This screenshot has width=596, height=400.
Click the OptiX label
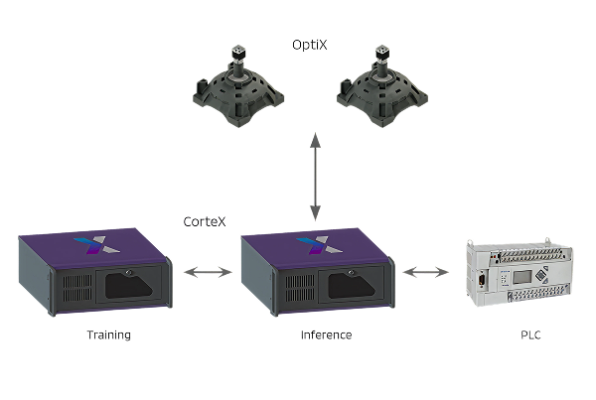[309, 45]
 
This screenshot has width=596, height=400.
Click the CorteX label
[205, 221]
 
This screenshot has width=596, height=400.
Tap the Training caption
[108, 335]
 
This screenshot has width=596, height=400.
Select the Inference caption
[326, 335]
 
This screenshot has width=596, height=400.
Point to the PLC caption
[530, 335]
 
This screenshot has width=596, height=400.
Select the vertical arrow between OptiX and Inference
[315, 177]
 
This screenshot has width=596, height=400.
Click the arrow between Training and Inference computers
[208, 272]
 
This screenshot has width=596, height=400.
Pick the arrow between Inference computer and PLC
[426, 272]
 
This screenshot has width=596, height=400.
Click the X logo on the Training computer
[97, 245]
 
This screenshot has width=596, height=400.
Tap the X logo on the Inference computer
[320, 245]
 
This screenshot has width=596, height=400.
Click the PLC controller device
[520, 272]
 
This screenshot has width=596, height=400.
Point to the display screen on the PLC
[521, 277]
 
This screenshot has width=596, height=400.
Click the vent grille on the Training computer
[77, 288]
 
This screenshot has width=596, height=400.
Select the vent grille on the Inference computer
[300, 288]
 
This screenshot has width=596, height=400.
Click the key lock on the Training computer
[128, 272]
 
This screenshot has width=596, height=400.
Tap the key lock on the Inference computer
[351, 272]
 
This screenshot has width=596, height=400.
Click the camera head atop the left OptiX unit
[238, 54]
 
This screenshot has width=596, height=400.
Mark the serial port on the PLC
[482, 281]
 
